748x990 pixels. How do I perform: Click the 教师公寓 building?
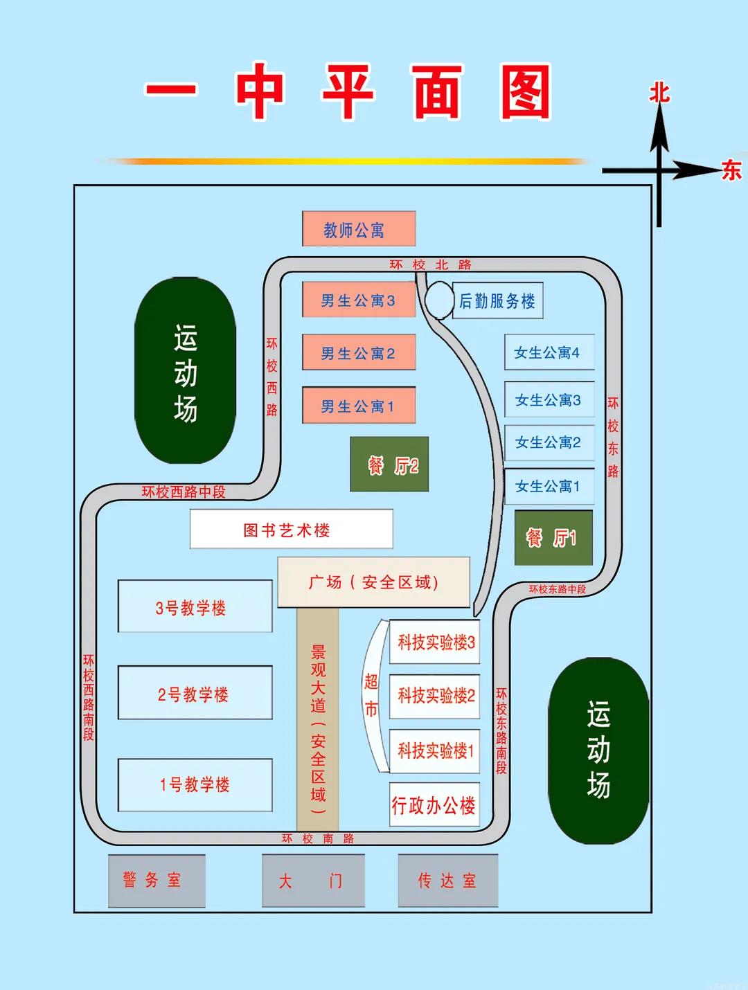[359, 228]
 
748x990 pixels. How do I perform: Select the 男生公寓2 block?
[359, 352]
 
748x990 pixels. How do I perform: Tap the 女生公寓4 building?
[549, 352]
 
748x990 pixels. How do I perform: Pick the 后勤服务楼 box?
[497, 301]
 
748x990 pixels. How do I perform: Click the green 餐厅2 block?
[389, 464]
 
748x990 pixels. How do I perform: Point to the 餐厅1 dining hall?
[553, 538]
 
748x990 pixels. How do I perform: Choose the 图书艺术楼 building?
[292, 529]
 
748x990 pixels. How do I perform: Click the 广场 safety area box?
[373, 582]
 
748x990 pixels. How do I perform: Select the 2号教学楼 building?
[195, 693]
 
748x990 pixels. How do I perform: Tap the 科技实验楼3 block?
[434, 642]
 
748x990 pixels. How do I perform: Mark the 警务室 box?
[157, 881]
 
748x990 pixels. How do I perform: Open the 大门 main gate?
[313, 881]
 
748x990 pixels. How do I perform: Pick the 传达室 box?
[448, 881]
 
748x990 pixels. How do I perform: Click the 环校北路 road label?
[430, 264]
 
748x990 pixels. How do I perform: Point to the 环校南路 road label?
[318, 838]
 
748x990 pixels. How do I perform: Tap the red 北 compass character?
[659, 93]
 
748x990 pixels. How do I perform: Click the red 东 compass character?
[731, 170]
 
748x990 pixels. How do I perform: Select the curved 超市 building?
[375, 696]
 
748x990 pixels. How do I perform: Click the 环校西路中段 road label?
[184, 492]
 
